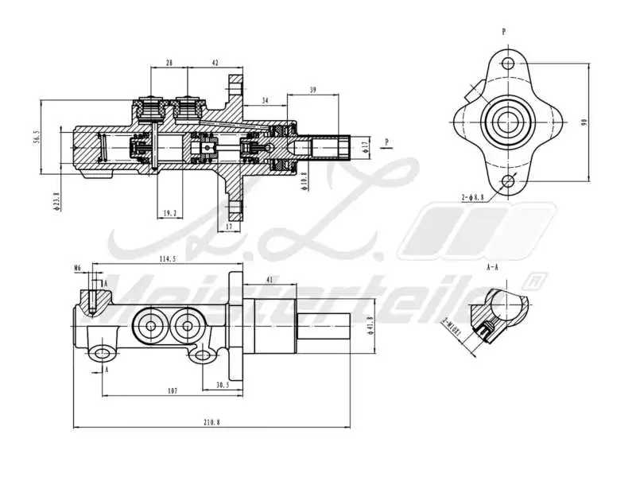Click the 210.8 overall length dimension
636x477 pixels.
211,422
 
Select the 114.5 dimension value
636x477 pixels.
166,258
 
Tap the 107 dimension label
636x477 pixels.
173,390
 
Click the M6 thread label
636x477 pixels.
77,268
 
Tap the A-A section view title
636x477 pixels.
493,269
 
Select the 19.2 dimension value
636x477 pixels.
169,213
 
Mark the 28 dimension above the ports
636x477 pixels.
169,62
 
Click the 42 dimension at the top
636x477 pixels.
215,62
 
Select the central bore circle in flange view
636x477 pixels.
506,122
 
